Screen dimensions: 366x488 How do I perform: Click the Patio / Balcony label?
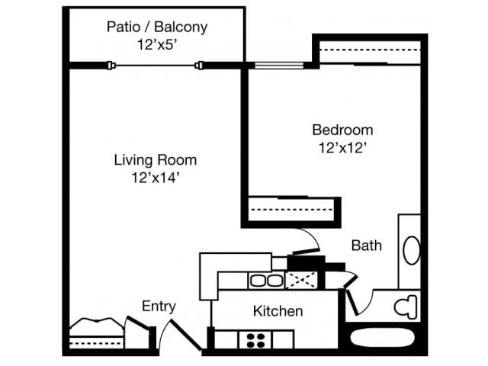pyautogui.click(x=156, y=27)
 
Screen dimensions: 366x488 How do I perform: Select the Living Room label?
pyautogui.click(x=156, y=160)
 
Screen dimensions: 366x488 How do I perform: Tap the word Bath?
pyautogui.click(x=366, y=246)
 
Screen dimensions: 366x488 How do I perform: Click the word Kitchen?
pyautogui.click(x=278, y=311)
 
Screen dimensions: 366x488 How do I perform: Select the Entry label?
pyautogui.click(x=159, y=307)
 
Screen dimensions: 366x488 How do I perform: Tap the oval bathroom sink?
pyautogui.click(x=410, y=250)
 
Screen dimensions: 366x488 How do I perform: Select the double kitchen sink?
pyautogui.click(x=265, y=281)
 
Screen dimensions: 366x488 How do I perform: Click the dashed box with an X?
pyautogui.click(x=301, y=281)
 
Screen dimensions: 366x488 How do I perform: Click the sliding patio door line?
pyautogui.click(x=156, y=66)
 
